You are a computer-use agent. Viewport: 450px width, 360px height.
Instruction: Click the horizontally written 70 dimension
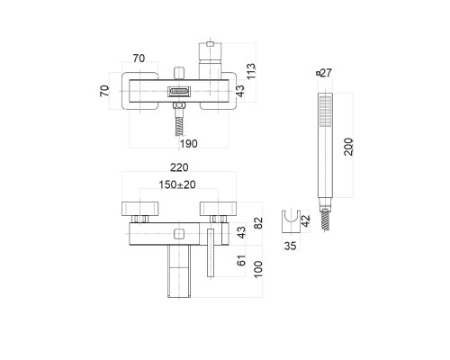coord(138,58)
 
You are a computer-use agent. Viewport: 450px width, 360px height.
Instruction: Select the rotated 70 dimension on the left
coord(104,91)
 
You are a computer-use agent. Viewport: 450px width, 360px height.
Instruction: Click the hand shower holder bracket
coord(290,220)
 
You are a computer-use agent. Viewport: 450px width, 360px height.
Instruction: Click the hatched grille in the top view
coord(175,91)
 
